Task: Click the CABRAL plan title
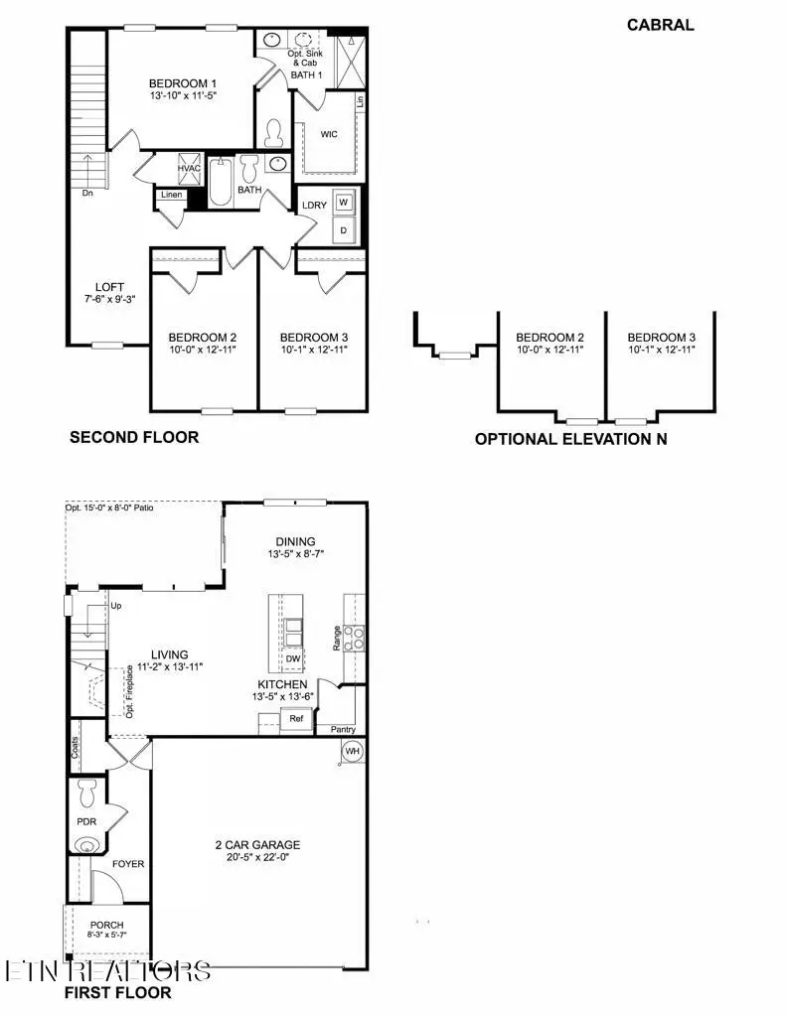660,25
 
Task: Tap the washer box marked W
344,202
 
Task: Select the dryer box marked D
344,229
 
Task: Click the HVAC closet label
190,169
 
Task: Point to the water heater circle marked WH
352,752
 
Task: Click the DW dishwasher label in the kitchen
292,658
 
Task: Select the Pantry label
343,729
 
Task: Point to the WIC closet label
331,134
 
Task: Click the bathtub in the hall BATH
220,183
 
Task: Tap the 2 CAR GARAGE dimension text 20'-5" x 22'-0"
257,860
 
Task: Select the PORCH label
106,925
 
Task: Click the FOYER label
128,864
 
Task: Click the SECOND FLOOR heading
134,437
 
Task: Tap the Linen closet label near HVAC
171,196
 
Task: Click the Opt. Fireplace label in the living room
129,690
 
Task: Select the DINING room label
294,541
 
